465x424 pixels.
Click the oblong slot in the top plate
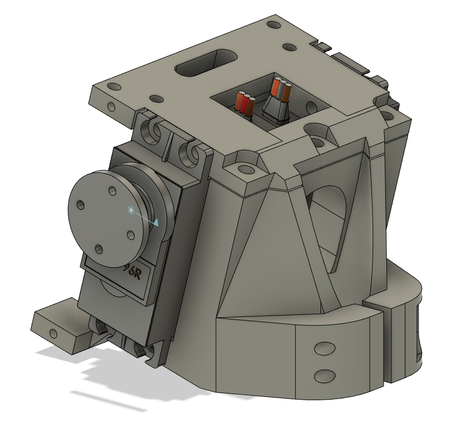click(205, 63)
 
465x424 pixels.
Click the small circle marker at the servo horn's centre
click(131, 210)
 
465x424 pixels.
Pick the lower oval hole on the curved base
click(324, 376)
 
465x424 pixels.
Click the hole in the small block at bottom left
click(53, 333)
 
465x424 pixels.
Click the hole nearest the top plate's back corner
click(273, 25)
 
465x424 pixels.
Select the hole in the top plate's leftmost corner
click(113, 87)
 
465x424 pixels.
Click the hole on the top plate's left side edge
click(111, 105)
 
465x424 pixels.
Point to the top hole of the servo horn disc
click(112, 191)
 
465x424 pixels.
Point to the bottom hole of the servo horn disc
click(99, 249)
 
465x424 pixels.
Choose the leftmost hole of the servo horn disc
click(81, 205)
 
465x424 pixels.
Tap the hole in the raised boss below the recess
click(242, 168)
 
